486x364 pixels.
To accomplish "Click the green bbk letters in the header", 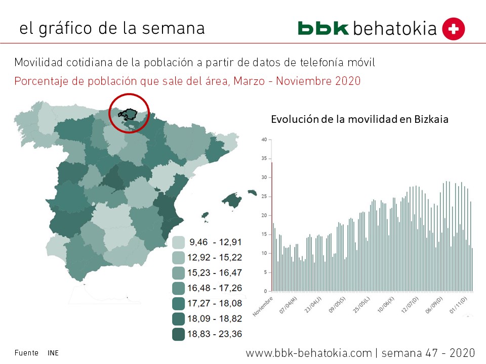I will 323,28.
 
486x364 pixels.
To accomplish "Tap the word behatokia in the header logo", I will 395,28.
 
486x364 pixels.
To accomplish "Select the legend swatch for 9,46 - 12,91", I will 178,242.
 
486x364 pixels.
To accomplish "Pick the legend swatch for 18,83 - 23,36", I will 178,334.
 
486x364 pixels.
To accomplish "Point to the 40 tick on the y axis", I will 264,140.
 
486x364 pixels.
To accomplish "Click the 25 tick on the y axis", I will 264,196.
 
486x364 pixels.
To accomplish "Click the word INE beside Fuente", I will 53,353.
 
